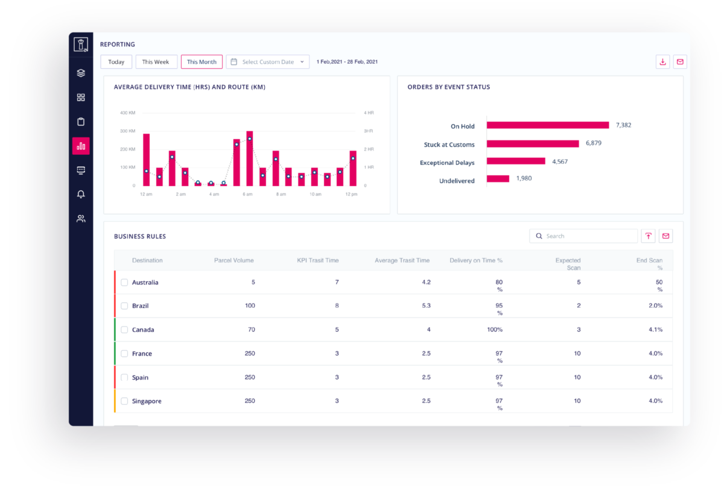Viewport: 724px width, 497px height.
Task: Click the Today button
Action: point(116,62)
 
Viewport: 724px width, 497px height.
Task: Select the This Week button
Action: point(156,62)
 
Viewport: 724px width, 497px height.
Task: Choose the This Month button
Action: point(202,62)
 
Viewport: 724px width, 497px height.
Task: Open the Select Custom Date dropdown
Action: point(267,62)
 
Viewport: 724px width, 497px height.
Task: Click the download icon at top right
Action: point(662,62)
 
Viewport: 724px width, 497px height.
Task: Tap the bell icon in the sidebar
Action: point(81,194)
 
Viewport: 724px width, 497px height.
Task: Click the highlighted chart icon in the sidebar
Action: point(81,146)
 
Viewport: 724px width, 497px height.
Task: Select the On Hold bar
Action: point(547,125)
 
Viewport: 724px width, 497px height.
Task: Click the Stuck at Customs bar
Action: point(532,143)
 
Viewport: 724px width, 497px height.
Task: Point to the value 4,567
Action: point(559,161)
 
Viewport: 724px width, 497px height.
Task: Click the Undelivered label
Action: point(457,181)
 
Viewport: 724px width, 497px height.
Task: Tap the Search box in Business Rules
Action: point(583,236)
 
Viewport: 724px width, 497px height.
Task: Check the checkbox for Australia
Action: point(124,283)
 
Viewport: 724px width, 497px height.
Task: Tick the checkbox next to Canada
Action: point(124,330)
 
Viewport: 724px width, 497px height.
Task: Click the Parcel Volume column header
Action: point(233,260)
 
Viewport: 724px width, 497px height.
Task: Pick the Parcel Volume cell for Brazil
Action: point(250,306)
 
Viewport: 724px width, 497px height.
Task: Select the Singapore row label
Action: point(147,401)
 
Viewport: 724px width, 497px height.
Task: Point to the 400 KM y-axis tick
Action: point(127,113)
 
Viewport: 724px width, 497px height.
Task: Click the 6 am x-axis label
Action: point(247,195)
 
